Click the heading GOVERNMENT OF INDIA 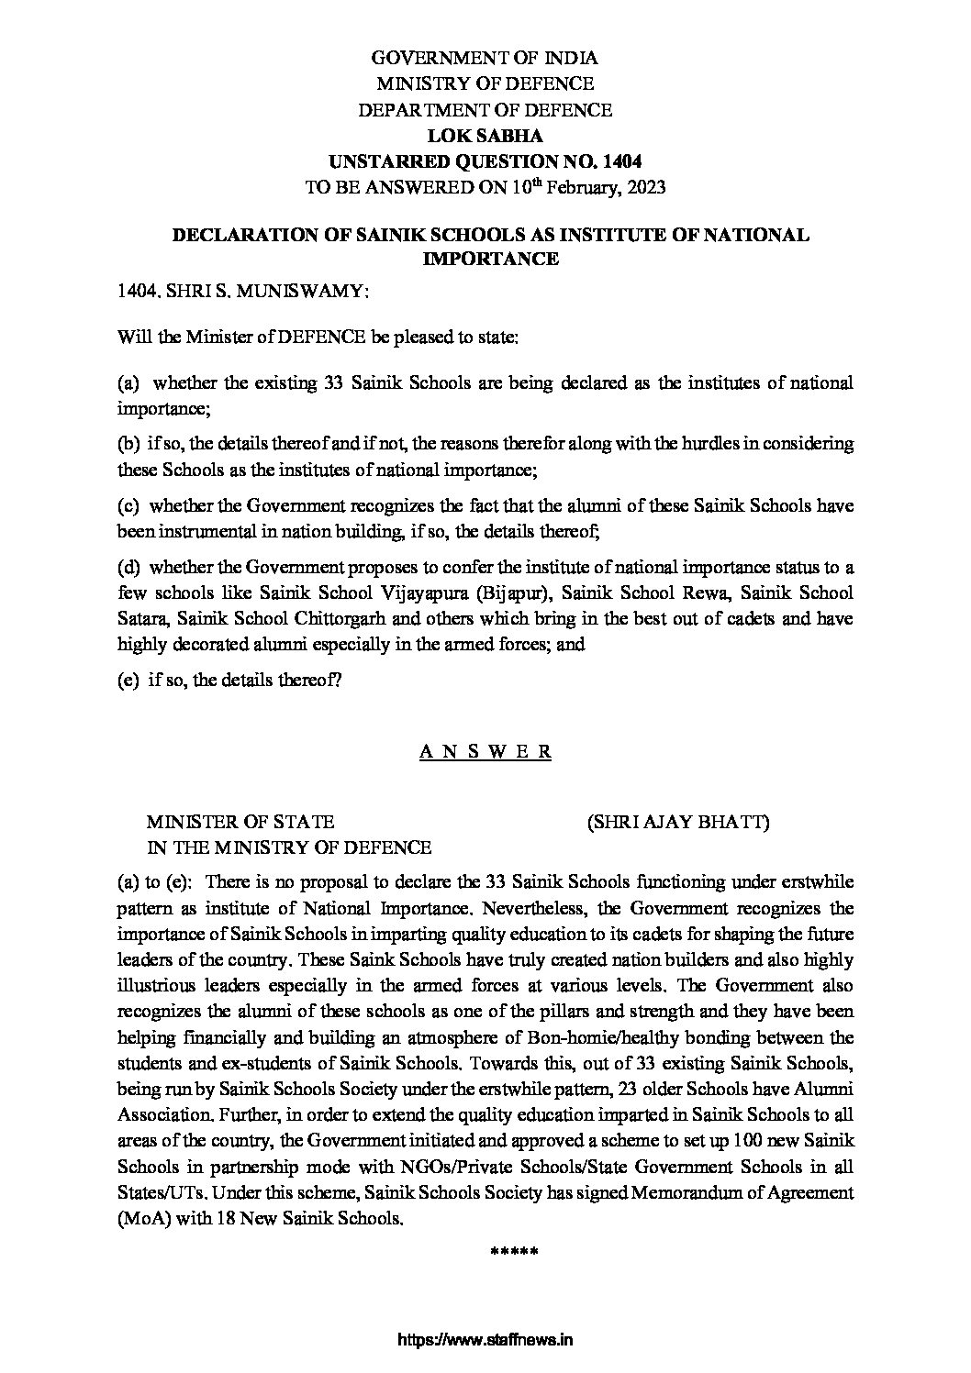[484, 58]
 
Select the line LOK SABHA [485, 136]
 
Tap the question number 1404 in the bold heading [623, 161]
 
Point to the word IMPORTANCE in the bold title [490, 260]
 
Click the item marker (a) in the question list [129, 382]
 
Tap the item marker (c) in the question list [129, 504]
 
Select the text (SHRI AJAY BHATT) [678, 822]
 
